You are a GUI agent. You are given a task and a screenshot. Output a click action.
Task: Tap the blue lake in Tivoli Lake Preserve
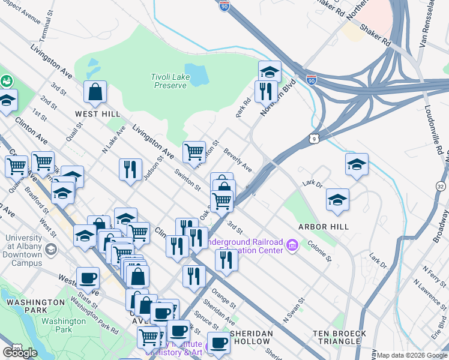[x=196, y=74]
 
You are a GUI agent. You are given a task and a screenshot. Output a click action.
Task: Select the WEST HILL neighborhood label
[x=97, y=113]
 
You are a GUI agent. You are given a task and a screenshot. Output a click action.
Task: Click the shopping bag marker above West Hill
[x=95, y=92]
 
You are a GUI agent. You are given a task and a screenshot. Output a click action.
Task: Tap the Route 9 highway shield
[x=315, y=139]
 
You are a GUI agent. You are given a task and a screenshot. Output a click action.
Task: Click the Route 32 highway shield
[x=441, y=188]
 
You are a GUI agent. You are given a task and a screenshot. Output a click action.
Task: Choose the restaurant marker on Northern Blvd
[x=265, y=91]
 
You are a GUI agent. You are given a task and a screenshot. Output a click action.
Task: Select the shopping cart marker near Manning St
[x=194, y=152]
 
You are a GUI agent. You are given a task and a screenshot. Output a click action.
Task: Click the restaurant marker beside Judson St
[x=130, y=169]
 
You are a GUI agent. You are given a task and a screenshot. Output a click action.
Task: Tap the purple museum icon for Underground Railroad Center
[x=292, y=245]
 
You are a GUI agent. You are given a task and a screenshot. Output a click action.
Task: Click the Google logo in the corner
[x=20, y=352]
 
